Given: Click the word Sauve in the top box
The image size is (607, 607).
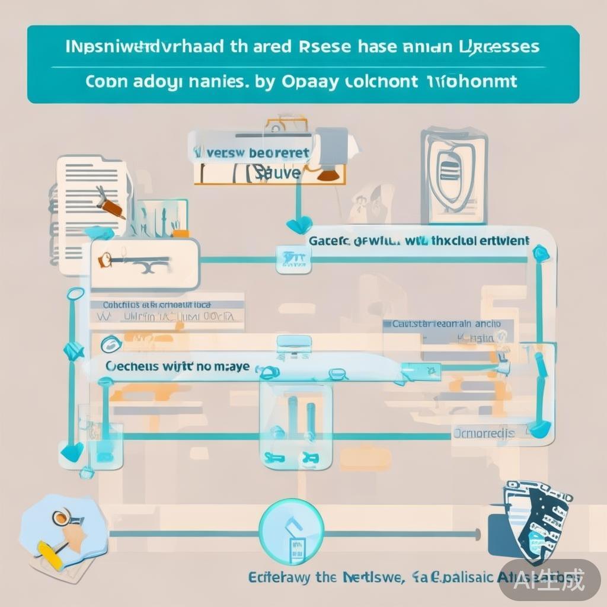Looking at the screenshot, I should [279, 172].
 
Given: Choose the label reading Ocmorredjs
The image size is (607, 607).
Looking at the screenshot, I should [484, 433].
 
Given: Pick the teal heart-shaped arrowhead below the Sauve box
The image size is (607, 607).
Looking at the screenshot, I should [299, 225].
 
